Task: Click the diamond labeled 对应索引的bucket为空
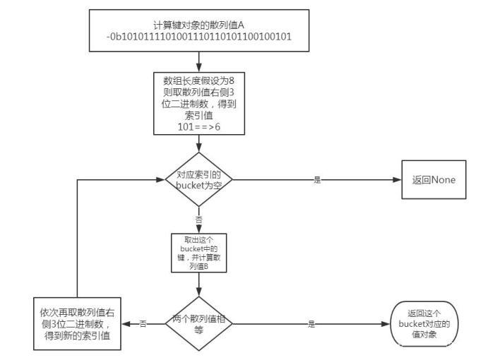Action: (x=199, y=179)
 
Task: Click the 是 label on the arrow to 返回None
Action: (x=317, y=179)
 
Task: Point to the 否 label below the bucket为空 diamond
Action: (x=199, y=220)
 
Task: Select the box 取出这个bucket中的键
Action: (x=199, y=253)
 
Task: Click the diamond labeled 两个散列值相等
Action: (x=199, y=323)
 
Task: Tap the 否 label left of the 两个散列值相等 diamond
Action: (x=143, y=323)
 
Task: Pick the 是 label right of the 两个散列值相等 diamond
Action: (x=311, y=323)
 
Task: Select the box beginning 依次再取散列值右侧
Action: (x=77, y=323)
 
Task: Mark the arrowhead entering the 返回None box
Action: (x=398, y=179)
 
